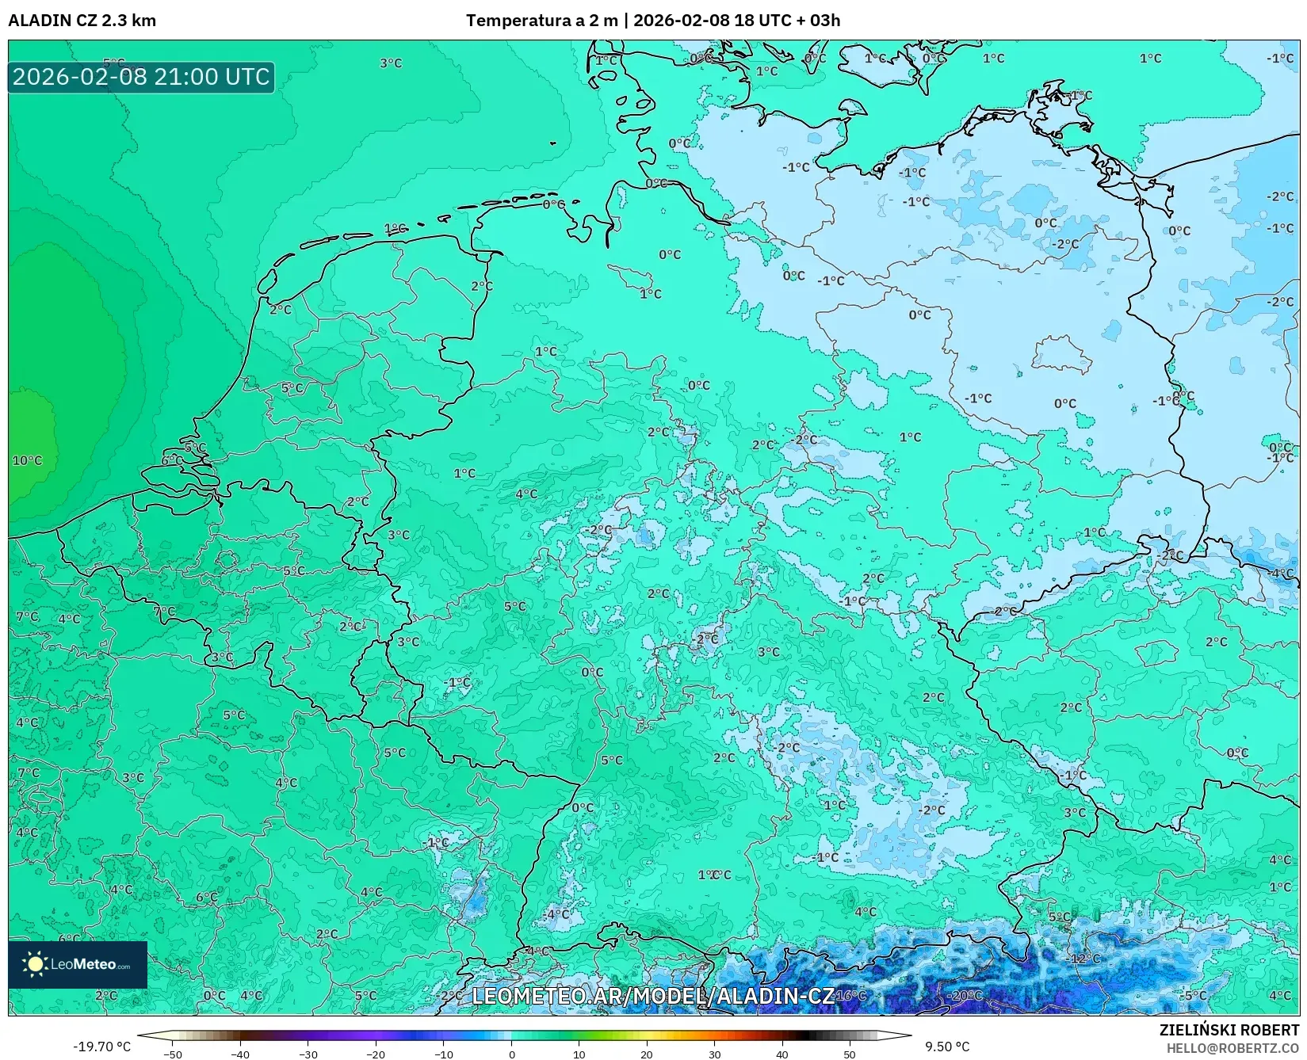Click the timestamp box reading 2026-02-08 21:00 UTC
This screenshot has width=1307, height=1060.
[x=141, y=77]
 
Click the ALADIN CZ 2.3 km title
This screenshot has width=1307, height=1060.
[x=82, y=21]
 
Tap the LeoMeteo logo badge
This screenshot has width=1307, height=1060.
[x=78, y=964]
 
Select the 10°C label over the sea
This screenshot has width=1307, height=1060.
[x=27, y=460]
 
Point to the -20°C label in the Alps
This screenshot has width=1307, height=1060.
[x=965, y=996]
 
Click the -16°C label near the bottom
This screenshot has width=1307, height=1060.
[x=850, y=996]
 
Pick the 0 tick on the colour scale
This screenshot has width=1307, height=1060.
[x=512, y=1054]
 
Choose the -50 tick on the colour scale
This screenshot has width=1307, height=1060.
[x=172, y=1054]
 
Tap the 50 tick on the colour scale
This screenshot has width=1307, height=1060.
[x=850, y=1054]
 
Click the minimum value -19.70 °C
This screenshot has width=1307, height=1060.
[x=101, y=1047]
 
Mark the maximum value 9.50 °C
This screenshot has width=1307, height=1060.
[x=947, y=1047]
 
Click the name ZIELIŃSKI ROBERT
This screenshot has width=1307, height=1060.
[x=1229, y=1031]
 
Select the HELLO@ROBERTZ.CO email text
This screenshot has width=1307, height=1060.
[x=1232, y=1048]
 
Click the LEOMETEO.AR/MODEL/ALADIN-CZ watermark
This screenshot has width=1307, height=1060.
[x=652, y=996]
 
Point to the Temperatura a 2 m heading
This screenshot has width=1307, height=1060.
[x=541, y=21]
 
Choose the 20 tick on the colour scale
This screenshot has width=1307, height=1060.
[x=647, y=1054]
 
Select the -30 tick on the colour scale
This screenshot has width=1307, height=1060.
[x=308, y=1054]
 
